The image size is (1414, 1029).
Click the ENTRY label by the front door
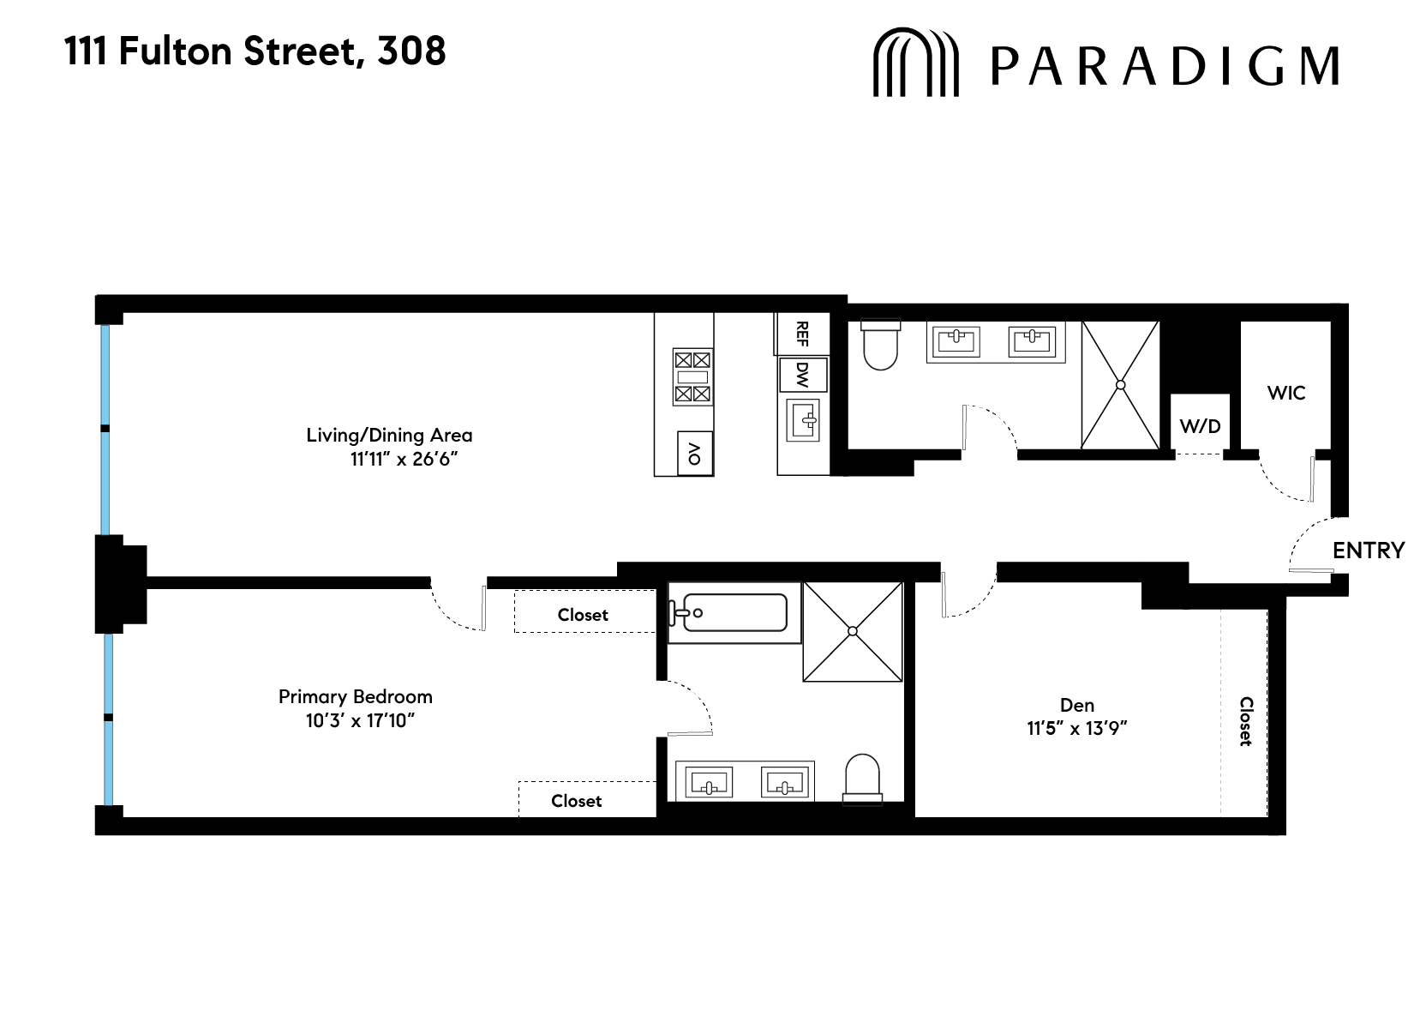tap(1368, 551)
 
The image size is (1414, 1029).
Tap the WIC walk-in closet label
tap(1285, 393)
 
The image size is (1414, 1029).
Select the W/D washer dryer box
tap(1200, 426)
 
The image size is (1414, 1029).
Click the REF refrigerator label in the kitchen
tap(802, 334)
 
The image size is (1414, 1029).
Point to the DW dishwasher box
tap(802, 374)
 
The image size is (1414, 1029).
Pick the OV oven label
tap(695, 452)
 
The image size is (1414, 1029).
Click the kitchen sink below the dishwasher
tap(804, 420)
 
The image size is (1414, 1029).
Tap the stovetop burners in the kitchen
tap(692, 376)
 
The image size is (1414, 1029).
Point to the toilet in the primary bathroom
tap(862, 779)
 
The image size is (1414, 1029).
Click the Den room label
tap(1077, 705)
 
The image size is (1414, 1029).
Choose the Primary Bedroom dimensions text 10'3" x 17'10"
tap(360, 720)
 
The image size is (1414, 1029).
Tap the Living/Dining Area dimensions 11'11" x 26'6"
tap(404, 459)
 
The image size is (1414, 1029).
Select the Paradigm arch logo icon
tap(914, 63)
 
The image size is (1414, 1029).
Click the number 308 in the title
tap(411, 51)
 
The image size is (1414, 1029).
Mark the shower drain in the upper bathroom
tap(1120, 385)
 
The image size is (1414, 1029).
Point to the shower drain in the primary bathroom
tap(853, 632)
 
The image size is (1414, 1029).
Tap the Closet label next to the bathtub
tap(583, 615)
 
